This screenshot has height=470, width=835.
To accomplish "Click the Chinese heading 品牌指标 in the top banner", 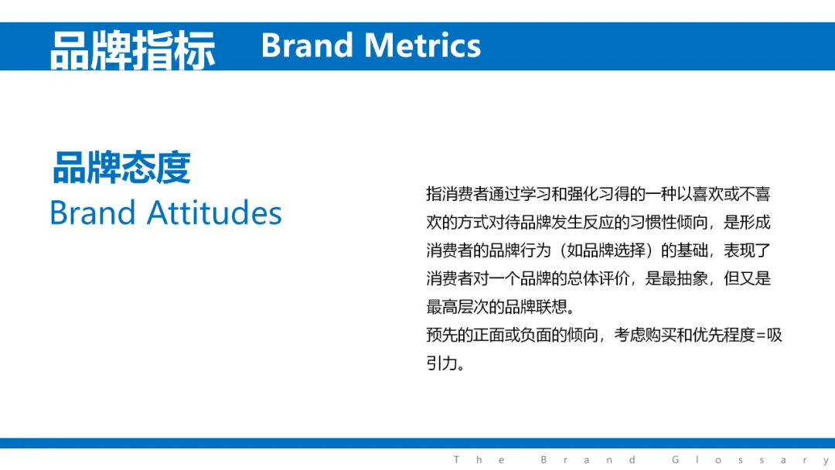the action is point(133,49).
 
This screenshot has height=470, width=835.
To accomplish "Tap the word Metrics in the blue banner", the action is point(423,46).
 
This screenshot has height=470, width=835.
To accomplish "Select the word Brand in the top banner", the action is point(307,46).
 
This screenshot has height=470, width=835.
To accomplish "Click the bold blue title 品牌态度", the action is point(121,168).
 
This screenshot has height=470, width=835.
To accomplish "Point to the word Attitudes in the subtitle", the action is point(214,213).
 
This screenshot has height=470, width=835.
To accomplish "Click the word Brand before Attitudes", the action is point(93,213).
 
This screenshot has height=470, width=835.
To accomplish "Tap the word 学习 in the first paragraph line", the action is point(535,194).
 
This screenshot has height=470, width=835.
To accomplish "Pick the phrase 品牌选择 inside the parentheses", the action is point(614,250).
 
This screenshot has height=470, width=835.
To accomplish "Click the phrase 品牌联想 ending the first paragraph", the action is point(536,307).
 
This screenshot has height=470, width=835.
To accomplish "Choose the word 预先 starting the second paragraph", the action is point(441,335).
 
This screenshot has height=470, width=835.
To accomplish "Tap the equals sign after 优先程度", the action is point(761,335).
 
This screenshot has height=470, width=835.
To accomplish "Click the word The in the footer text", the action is point(479,459).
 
